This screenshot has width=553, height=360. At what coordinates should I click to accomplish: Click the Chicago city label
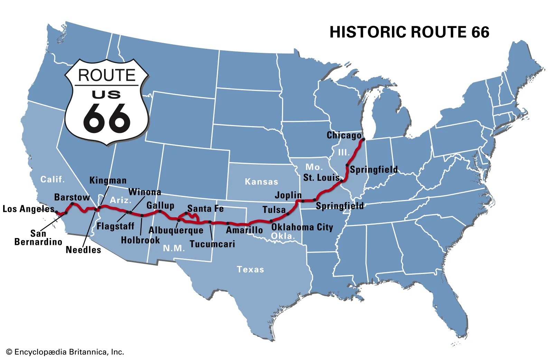click(344, 135)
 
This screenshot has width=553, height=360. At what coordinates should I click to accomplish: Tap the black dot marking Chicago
click(363, 140)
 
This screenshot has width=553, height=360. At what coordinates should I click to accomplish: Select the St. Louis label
click(321, 178)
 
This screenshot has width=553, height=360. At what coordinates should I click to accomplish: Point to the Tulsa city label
click(274, 210)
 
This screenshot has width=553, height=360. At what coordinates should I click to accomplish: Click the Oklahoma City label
click(302, 227)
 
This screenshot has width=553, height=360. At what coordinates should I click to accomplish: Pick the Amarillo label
click(244, 230)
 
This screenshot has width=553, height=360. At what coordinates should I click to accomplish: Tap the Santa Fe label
click(205, 209)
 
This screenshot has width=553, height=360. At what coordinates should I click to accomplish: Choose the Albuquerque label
click(176, 230)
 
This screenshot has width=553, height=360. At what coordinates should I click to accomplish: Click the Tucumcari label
click(212, 244)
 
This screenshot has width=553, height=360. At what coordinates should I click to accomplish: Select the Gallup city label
click(160, 206)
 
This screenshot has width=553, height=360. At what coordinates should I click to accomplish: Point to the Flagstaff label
click(115, 226)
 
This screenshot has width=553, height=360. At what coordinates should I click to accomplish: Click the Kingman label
click(108, 180)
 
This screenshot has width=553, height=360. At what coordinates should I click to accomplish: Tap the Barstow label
click(72, 197)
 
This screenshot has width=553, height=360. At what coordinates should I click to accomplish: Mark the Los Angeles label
click(28, 209)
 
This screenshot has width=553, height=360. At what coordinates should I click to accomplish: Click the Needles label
click(83, 249)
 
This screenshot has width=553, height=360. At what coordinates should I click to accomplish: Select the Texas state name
click(250, 269)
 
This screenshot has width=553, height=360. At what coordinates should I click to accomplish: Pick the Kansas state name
click(261, 182)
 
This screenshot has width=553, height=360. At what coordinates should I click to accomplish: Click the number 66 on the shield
click(106, 118)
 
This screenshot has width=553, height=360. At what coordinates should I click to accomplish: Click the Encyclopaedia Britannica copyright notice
click(65, 352)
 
